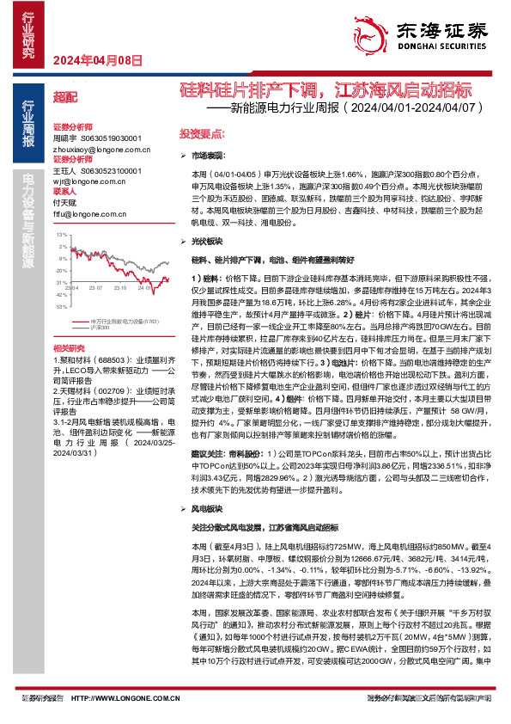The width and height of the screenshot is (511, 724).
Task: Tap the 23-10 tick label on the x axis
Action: (120, 288)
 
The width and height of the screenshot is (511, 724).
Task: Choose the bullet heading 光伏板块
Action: (208, 242)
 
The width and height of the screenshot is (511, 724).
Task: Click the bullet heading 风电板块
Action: (208, 509)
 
